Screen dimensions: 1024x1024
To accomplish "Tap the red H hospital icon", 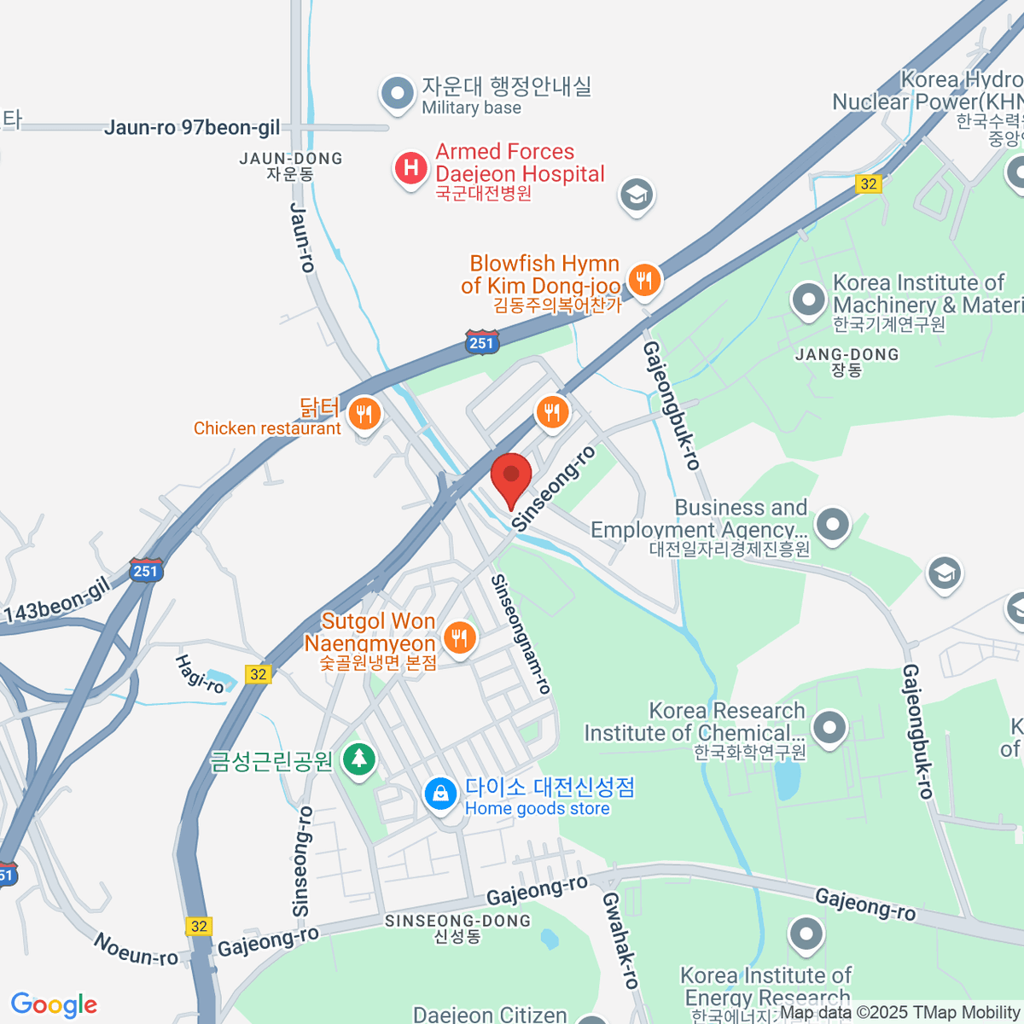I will (x=410, y=167).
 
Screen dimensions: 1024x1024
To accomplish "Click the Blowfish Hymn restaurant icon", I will (x=644, y=278).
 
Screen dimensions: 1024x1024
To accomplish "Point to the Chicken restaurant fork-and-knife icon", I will (x=364, y=415).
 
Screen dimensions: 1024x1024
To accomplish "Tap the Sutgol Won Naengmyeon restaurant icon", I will (x=460, y=637).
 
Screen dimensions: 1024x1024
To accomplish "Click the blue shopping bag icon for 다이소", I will (x=440, y=794).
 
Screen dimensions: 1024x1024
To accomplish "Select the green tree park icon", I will (x=359, y=758).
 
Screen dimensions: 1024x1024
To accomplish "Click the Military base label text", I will (x=471, y=108).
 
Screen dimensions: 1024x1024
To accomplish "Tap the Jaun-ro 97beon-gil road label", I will (x=192, y=128).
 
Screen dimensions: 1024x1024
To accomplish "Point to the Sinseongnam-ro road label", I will (x=521, y=633).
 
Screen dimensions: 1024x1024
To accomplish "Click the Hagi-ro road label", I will (x=200, y=673).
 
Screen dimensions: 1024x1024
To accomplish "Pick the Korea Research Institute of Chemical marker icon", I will (x=829, y=728).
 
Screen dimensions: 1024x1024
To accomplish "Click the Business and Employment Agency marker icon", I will (x=833, y=524).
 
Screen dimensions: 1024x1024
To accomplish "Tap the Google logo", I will (x=54, y=1004).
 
